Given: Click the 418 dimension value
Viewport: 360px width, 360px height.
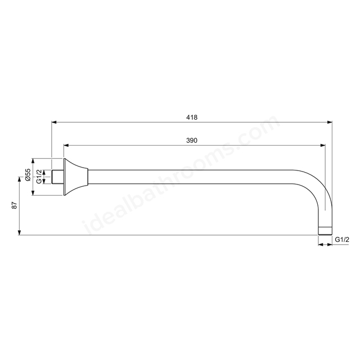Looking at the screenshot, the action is click(x=192, y=118).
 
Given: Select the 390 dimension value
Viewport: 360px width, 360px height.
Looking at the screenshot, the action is click(x=192, y=140).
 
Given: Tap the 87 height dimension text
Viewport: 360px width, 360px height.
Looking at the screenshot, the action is click(x=15, y=205).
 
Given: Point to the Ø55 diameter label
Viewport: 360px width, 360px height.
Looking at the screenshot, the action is click(x=28, y=175).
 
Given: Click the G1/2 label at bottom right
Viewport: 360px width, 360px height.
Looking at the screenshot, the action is click(x=342, y=240).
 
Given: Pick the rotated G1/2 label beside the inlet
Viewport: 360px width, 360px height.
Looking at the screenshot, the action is click(x=39, y=176).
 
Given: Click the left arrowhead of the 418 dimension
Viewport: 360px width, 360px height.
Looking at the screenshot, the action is click(x=54, y=123).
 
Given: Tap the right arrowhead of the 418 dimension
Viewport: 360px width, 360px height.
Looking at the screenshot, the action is click(x=330, y=123).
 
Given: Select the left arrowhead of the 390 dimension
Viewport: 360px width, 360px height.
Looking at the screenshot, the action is click(x=66, y=145).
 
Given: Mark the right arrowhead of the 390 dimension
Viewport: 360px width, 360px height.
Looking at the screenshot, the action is click(x=322, y=145).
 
